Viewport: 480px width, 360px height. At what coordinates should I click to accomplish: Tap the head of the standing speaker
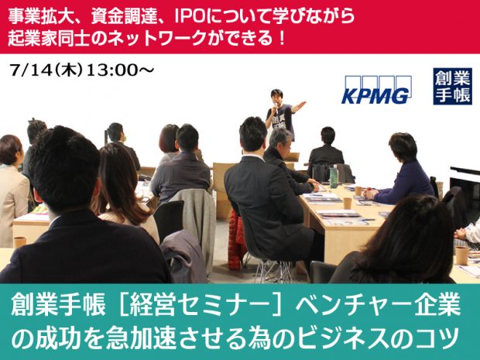276,96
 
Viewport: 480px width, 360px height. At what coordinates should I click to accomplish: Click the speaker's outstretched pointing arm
297,106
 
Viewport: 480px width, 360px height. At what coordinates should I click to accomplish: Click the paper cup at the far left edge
19,242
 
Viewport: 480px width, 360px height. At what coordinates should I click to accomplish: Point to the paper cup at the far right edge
461,255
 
